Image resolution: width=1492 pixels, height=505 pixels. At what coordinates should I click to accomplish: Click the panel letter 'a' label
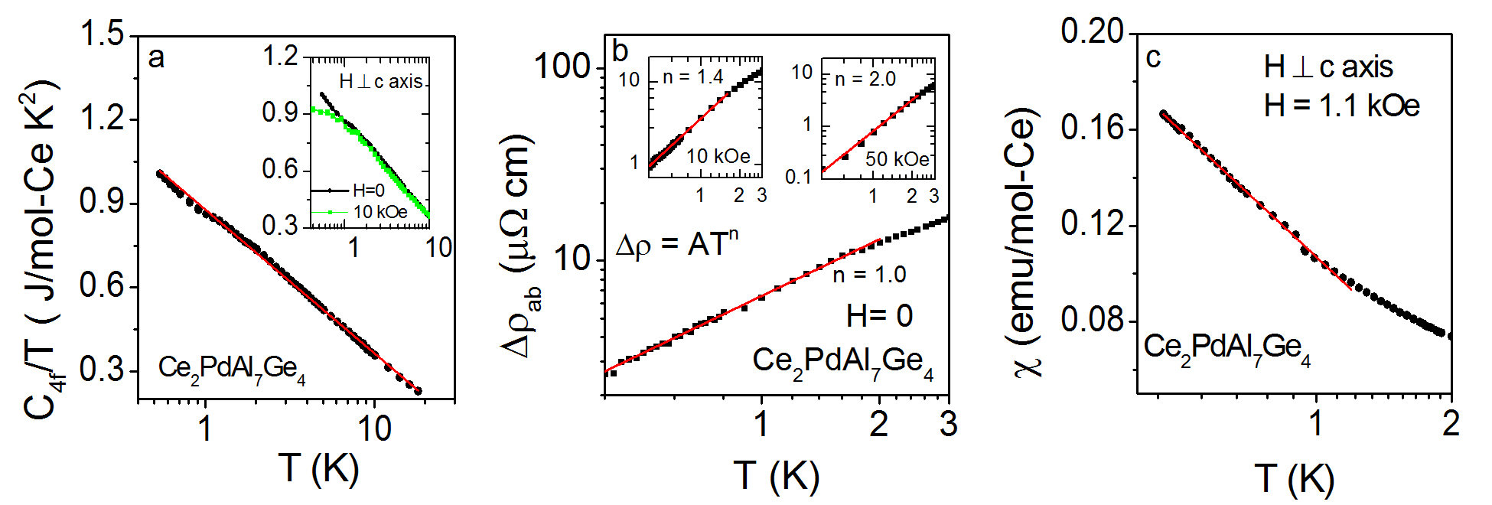click(x=156, y=57)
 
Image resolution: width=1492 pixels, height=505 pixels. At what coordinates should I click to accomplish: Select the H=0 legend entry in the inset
click(x=368, y=191)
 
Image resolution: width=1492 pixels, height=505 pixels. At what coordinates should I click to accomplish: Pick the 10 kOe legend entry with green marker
click(x=380, y=212)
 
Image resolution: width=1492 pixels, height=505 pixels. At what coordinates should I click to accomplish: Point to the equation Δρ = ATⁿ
click(x=677, y=244)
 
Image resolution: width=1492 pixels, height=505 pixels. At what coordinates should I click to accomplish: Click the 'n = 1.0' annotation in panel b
click(x=869, y=275)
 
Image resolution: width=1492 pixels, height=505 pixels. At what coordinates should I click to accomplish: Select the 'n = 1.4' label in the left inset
click(x=692, y=77)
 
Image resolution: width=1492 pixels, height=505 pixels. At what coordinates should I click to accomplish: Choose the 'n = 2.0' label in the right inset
click(x=865, y=79)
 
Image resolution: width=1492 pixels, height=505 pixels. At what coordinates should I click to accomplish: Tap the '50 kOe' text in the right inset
click(x=897, y=159)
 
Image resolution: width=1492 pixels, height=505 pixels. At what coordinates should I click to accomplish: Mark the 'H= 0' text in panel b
click(x=879, y=315)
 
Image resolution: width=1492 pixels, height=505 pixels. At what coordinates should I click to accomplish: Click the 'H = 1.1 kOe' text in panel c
click(x=1341, y=106)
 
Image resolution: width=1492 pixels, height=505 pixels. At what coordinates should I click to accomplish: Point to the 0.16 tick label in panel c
click(x=1092, y=128)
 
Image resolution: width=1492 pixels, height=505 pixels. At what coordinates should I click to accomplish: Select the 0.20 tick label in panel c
click(x=1092, y=31)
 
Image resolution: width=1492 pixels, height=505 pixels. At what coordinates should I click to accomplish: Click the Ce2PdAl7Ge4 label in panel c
click(x=1227, y=348)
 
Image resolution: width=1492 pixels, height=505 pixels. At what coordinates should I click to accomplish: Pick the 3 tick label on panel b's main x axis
click(x=948, y=423)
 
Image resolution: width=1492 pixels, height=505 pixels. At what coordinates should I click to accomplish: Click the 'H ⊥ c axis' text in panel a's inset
click(x=380, y=81)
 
